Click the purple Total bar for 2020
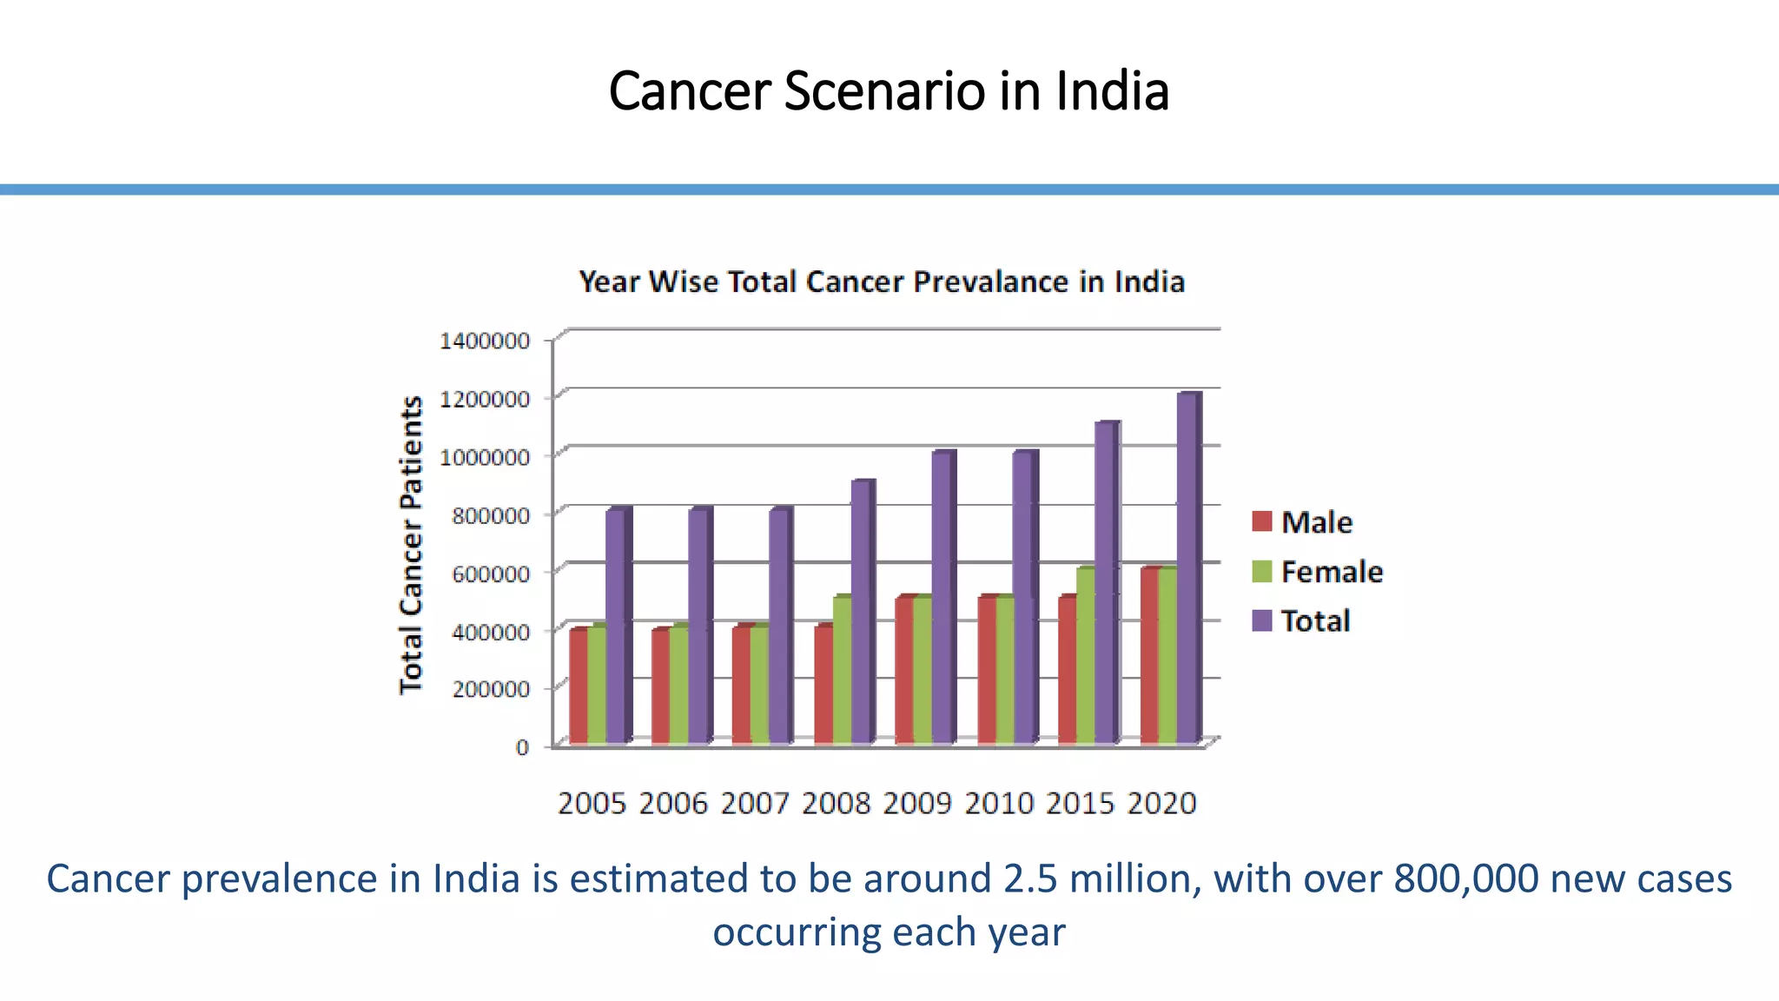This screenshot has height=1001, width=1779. point(1187,569)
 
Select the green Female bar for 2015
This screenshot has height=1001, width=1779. point(1086,656)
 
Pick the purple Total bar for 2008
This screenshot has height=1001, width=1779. point(861,613)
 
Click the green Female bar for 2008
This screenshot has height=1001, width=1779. point(842,671)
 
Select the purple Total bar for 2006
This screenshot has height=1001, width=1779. point(698,626)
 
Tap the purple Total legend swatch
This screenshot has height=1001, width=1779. point(1262,620)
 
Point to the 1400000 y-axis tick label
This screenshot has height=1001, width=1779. point(485,341)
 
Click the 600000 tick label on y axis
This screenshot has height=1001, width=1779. point(491,573)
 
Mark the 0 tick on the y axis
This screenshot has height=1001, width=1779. point(522,747)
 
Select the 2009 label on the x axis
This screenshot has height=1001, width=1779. point(917,803)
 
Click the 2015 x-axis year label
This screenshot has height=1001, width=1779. point(1080,803)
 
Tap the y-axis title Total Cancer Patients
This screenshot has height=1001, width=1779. point(411,545)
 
